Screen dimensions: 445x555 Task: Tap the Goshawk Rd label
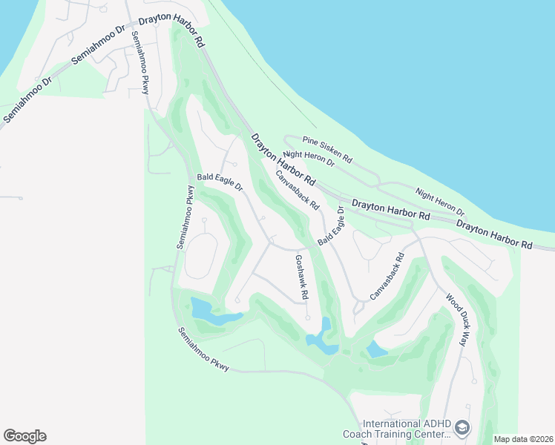coord(301,277)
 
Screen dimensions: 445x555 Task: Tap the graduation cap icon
coord(462,428)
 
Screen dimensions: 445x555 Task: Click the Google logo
coord(24,436)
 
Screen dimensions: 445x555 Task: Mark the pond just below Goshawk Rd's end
coord(323,337)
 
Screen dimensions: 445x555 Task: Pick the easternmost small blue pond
coord(377,349)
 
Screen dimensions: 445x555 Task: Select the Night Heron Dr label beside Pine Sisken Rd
coord(309,159)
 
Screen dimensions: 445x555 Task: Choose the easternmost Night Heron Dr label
coord(440,202)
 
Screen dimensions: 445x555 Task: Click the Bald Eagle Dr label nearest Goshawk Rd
coord(332,226)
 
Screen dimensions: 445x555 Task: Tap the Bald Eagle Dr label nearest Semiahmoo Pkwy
coord(220,182)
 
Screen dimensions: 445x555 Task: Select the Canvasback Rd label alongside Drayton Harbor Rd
coord(297,190)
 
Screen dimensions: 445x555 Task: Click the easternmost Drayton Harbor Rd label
coord(494,234)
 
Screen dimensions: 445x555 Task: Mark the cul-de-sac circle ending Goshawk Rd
coord(307,317)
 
